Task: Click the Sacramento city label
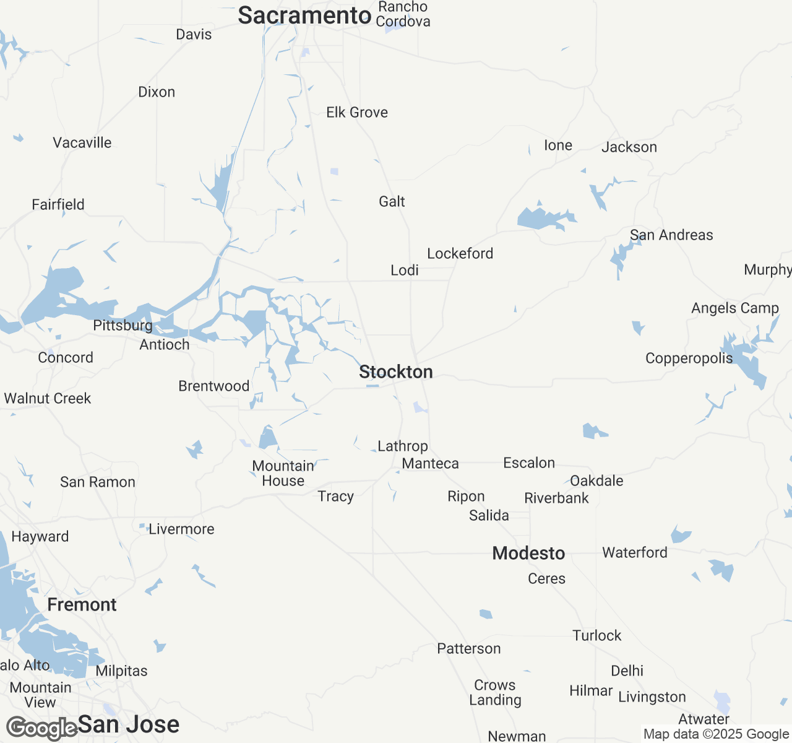pyautogui.click(x=304, y=15)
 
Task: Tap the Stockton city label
pyautogui.click(x=396, y=371)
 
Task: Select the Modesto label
pyautogui.click(x=528, y=553)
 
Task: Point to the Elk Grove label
pyautogui.click(x=357, y=112)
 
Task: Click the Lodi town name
pyautogui.click(x=405, y=270)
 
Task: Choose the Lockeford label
pyautogui.click(x=460, y=253)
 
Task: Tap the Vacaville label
pyautogui.click(x=82, y=142)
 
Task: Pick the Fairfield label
pyautogui.click(x=58, y=204)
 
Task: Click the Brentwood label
pyautogui.click(x=213, y=386)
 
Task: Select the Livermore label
pyautogui.click(x=181, y=529)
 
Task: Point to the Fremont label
pyautogui.click(x=82, y=604)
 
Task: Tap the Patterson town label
pyautogui.click(x=469, y=648)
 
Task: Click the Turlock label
pyautogui.click(x=596, y=635)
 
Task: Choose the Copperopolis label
pyautogui.click(x=689, y=358)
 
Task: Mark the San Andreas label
pyautogui.click(x=671, y=235)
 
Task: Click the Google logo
pyautogui.click(x=41, y=728)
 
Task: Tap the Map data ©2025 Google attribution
pyautogui.click(x=716, y=734)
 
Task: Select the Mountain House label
pyautogui.click(x=283, y=473)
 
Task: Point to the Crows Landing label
pyautogui.click(x=495, y=692)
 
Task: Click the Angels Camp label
pyautogui.click(x=734, y=308)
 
